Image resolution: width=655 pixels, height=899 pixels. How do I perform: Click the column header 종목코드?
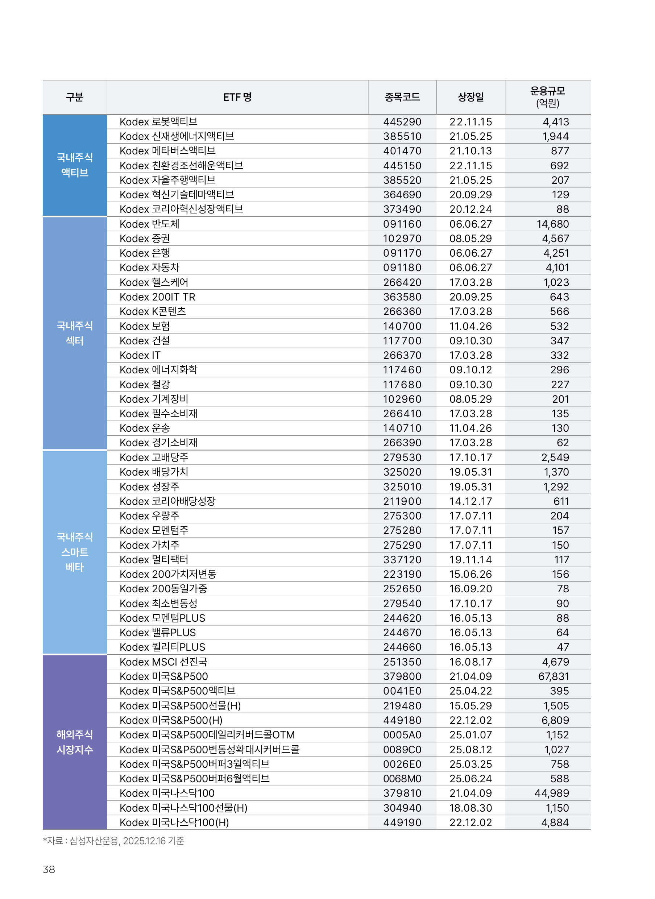point(402,97)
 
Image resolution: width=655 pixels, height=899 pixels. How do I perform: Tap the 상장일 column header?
point(470,97)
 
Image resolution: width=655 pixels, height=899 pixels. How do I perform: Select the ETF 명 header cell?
point(237,97)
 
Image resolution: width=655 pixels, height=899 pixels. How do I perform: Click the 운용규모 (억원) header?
point(548,97)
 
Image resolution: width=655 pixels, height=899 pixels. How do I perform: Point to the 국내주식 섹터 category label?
point(75,333)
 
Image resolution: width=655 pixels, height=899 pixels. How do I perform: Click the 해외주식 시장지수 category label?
point(75,742)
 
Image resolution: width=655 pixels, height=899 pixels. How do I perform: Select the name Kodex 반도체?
point(149,224)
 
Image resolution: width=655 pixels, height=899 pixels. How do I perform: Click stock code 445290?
point(402,122)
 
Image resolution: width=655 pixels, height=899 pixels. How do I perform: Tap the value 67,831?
point(554,676)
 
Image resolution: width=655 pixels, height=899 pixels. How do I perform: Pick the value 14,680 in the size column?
point(553,224)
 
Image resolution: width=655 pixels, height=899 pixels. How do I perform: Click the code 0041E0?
point(402,691)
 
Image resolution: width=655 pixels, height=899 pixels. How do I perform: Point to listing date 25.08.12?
point(470,750)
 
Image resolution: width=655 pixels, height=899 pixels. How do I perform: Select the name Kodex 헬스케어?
point(154,282)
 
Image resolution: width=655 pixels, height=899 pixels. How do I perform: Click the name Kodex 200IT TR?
point(157,297)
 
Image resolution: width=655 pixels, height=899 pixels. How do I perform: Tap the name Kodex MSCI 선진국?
point(163,662)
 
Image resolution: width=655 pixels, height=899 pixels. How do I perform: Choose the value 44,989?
point(552,793)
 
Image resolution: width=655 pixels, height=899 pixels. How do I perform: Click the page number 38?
point(49,869)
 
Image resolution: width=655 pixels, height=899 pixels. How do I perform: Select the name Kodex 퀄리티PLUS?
point(162,647)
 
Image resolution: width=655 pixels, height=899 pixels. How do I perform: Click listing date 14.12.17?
point(470,501)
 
